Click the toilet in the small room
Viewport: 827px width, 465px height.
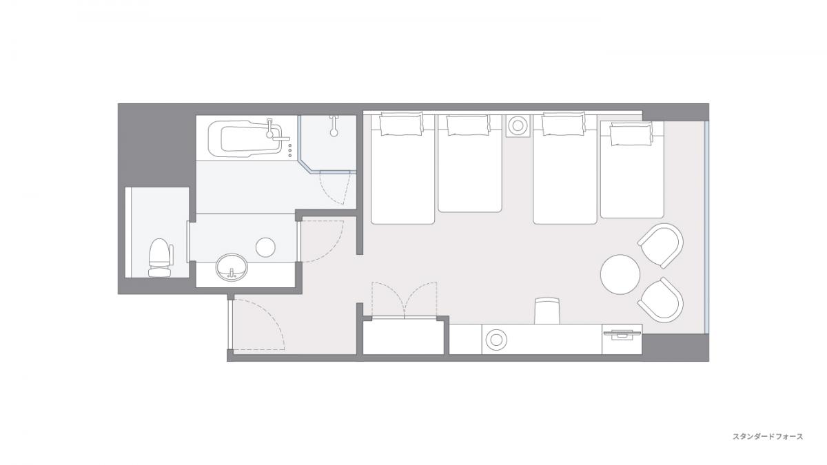(161, 258)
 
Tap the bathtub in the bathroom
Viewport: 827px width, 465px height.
(245, 139)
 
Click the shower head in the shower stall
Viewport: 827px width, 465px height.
(334, 125)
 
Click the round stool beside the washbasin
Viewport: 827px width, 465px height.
(265, 247)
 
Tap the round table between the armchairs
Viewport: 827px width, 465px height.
(620, 274)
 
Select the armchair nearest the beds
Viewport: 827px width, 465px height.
(662, 245)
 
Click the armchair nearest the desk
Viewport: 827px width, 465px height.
(661, 300)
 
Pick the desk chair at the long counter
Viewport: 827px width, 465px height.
(547, 311)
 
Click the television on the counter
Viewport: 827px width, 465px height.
(622, 334)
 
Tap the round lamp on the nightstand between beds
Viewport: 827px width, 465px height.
(518, 126)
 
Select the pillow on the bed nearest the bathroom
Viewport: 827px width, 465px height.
(401, 125)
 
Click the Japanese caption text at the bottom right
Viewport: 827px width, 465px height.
(768, 437)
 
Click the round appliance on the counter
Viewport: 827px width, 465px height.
(496, 340)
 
